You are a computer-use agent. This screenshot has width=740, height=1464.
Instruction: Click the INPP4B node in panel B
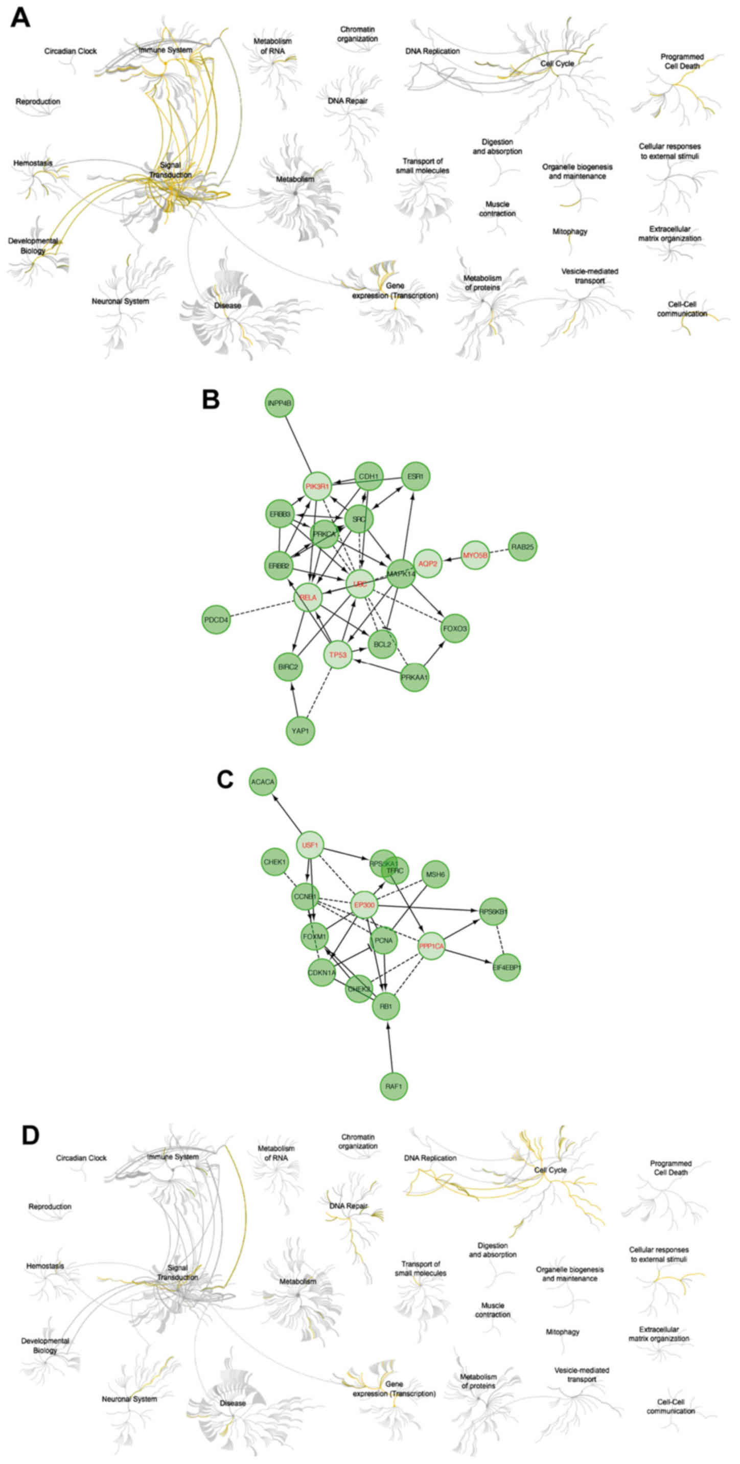[x=279, y=403]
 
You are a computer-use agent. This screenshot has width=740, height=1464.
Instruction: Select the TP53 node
[x=338, y=655]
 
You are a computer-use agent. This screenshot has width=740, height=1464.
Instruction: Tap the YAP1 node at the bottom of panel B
[x=300, y=731]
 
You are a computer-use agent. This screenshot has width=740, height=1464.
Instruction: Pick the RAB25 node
[x=522, y=547]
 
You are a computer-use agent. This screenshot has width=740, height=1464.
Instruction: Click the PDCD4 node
[x=217, y=620]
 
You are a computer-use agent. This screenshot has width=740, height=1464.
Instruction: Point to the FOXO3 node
[x=455, y=629]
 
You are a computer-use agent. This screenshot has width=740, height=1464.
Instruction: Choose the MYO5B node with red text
[x=475, y=555]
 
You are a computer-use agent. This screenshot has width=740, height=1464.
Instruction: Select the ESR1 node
[x=415, y=476]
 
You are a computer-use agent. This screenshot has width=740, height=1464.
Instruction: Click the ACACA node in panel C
[x=263, y=782]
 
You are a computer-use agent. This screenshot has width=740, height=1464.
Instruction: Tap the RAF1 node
[x=394, y=1086]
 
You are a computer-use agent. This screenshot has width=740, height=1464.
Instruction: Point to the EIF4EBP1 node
[x=507, y=967]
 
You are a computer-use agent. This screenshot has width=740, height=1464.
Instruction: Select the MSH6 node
[x=435, y=874]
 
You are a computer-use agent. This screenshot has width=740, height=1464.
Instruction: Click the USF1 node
[x=310, y=845]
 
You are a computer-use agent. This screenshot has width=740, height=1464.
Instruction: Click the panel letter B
[x=211, y=400]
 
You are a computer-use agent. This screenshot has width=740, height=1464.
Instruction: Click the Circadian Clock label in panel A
[x=71, y=51]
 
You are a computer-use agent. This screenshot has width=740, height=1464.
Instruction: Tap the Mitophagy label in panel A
[x=570, y=232]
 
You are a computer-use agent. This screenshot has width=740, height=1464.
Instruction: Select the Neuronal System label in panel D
[x=130, y=1399]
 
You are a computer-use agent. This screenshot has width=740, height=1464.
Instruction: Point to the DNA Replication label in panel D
[x=430, y=1158]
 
